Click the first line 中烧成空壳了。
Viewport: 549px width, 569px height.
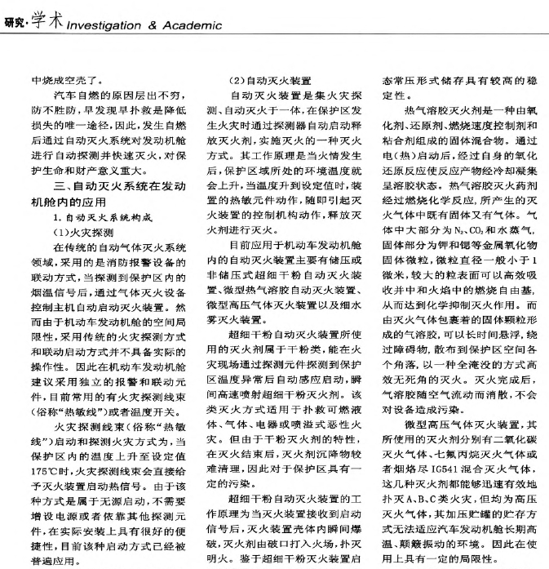(x=66, y=82)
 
